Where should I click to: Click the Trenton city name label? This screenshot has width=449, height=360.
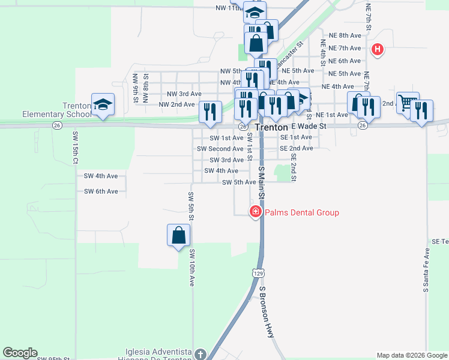(271, 128)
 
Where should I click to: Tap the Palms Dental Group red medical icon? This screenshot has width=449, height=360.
(255, 212)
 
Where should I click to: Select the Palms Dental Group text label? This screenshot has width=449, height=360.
(302, 212)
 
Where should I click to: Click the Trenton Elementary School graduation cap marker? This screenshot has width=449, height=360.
(103, 104)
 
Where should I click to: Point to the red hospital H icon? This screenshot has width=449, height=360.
(378, 49)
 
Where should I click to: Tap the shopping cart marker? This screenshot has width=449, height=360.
(408, 103)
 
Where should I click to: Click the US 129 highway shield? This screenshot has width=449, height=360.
(257, 273)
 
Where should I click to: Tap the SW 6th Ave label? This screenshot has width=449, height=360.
(101, 191)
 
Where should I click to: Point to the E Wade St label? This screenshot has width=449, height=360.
(309, 127)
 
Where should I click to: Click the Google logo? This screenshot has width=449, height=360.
(20, 353)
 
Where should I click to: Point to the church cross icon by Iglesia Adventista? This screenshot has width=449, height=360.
(200, 354)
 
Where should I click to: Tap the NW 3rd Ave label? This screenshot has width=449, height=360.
(184, 94)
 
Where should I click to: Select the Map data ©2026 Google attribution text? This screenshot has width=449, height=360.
(411, 355)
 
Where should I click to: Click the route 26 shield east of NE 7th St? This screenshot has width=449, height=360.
(363, 125)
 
